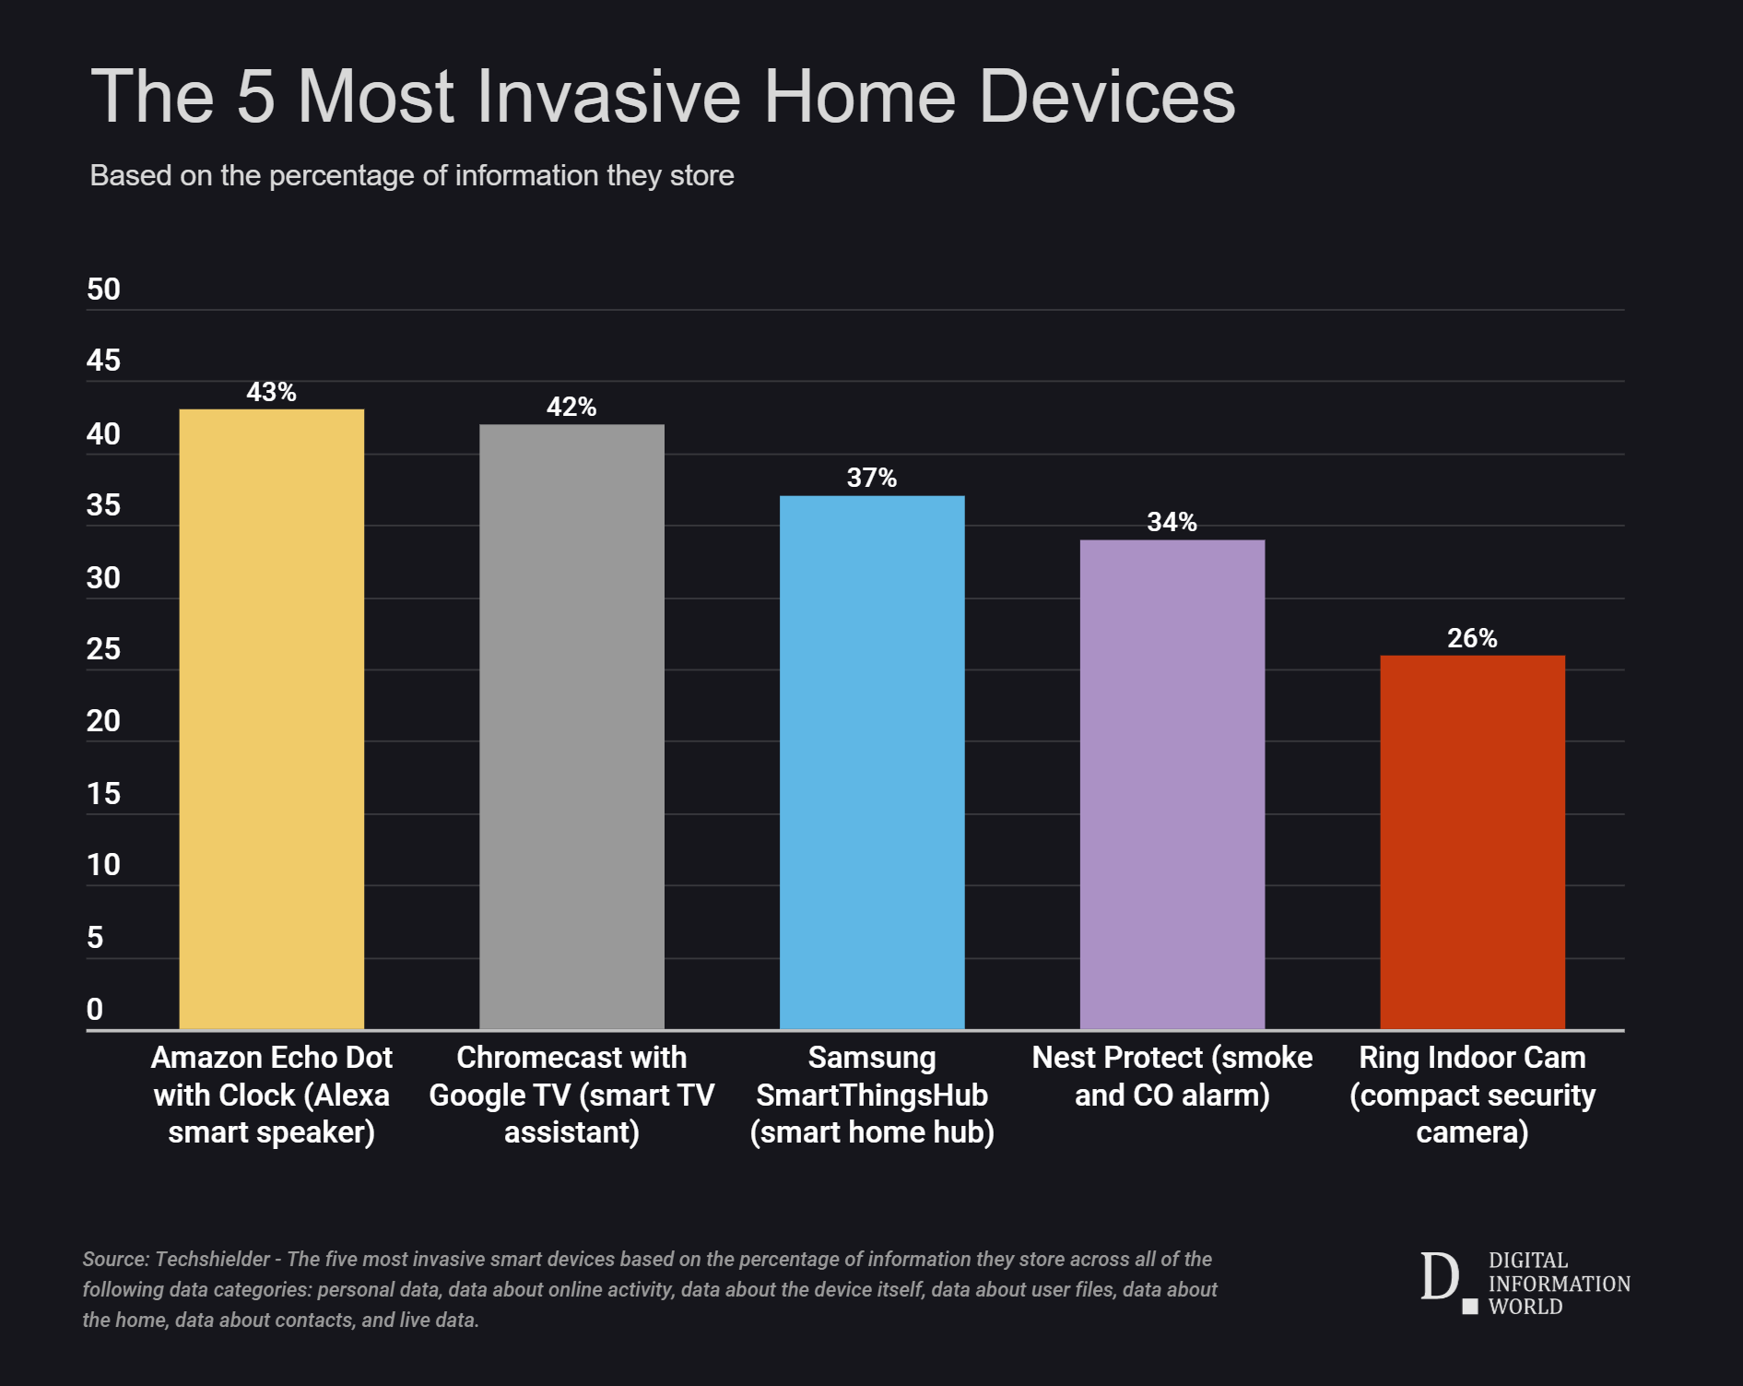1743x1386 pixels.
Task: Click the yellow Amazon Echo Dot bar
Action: pyautogui.click(x=271, y=719)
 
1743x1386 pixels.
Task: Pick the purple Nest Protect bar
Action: pyautogui.click(x=1172, y=784)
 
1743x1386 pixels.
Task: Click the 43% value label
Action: pyautogui.click(x=271, y=393)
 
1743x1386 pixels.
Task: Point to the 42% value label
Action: pyautogui.click(x=571, y=408)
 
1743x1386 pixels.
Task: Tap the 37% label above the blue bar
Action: pyautogui.click(x=872, y=478)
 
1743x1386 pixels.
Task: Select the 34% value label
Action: pyautogui.click(x=1172, y=523)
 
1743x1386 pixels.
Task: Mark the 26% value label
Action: pyautogui.click(x=1472, y=638)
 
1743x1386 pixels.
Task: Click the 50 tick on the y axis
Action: pyautogui.click(x=103, y=290)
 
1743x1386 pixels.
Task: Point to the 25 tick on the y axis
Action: pyautogui.click(x=103, y=650)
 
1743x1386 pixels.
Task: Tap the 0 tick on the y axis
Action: pyautogui.click(x=95, y=1010)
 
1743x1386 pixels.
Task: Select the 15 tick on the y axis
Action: pyautogui.click(x=103, y=794)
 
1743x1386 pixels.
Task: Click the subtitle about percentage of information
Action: pyautogui.click(x=411, y=176)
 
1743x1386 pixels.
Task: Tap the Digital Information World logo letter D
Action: pyautogui.click(x=1439, y=1278)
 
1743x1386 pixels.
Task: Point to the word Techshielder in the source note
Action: pyautogui.click(x=213, y=1260)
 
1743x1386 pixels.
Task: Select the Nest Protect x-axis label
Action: pyautogui.click(x=1172, y=1076)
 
